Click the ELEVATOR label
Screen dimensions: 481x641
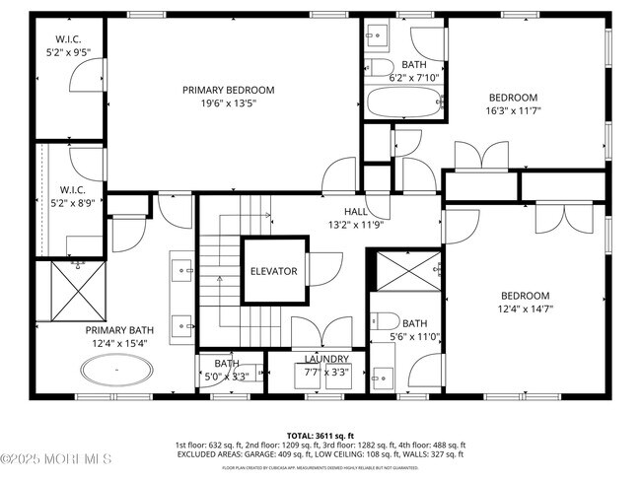click(273, 271)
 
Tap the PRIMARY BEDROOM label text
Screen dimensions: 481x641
click(228, 90)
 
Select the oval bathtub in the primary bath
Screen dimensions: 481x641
click(118, 372)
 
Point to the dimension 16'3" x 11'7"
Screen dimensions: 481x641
click(514, 111)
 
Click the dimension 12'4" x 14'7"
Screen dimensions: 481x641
click(527, 309)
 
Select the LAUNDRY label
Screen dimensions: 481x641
click(326, 360)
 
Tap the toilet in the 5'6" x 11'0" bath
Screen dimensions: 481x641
click(387, 320)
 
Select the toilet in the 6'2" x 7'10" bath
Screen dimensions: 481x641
click(382, 68)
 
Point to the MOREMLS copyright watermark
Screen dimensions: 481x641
click(56, 459)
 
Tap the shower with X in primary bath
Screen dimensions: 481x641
click(73, 291)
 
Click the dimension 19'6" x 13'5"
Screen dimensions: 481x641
click(228, 103)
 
